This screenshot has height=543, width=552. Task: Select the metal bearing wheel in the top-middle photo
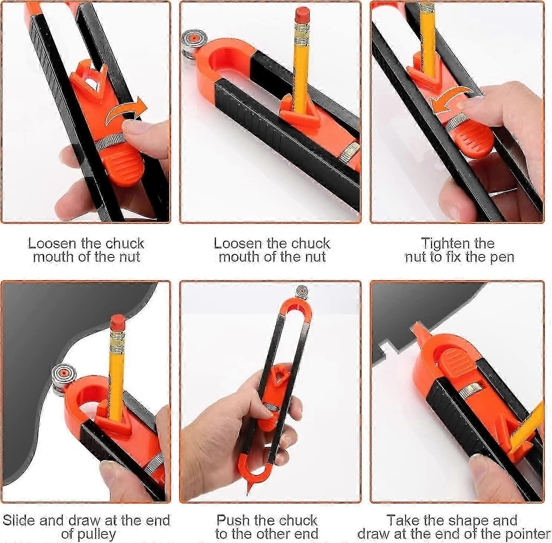(x=192, y=43)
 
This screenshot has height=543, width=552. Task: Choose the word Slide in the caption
(x=19, y=520)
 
